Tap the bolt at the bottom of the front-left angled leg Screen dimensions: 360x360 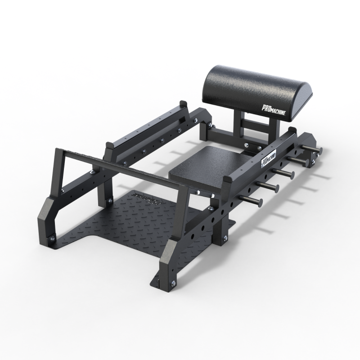tap(53, 238)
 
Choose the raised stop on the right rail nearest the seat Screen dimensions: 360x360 tap(228, 180)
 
